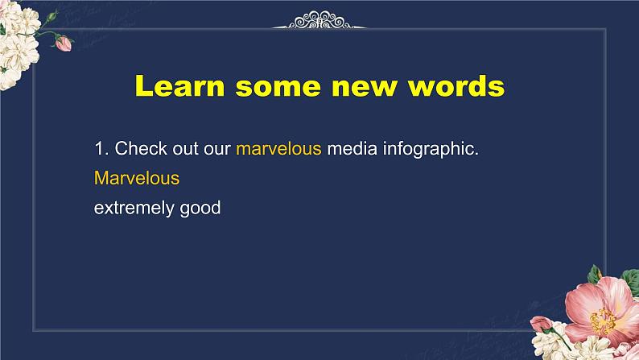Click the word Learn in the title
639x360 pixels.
point(179,85)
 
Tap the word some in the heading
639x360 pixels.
point(278,86)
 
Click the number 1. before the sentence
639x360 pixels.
point(101,148)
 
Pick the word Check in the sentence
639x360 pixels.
point(141,148)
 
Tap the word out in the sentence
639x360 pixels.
point(185,149)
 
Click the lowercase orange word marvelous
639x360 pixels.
point(278,148)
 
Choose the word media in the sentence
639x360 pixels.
point(352,148)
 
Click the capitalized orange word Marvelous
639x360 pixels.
point(137,178)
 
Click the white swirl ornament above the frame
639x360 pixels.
point(319,20)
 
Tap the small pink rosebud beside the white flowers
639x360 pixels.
point(63,43)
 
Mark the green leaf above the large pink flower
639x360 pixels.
point(595,275)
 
